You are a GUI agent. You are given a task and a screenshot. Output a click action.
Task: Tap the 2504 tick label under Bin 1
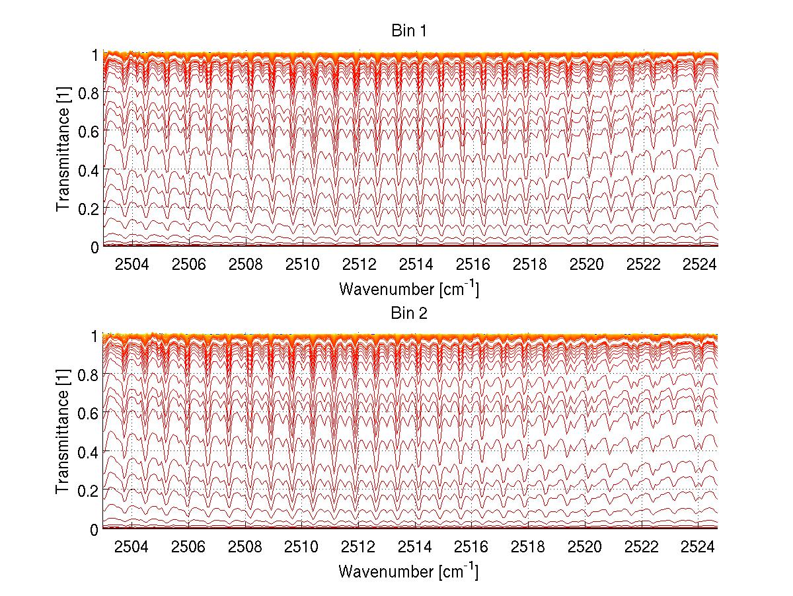[x=132, y=265]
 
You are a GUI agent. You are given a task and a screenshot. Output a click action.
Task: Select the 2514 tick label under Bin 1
[x=416, y=265]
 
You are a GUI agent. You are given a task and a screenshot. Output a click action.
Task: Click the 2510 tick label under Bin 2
[x=303, y=547]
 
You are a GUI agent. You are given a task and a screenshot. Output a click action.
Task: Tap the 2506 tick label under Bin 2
[x=189, y=547]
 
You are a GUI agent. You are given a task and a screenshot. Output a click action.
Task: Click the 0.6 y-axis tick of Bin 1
[x=89, y=132]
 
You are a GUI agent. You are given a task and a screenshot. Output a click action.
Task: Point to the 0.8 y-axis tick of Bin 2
[x=89, y=374]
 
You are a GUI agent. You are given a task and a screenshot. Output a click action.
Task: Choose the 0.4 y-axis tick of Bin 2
[x=89, y=452]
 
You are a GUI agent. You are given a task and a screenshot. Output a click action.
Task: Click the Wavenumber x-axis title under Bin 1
[x=408, y=288]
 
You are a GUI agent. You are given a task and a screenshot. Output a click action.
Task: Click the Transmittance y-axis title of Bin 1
[x=63, y=151]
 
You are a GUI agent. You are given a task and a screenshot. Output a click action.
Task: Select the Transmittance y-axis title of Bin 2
[x=63, y=433]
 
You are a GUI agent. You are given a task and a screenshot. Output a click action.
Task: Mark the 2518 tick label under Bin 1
[x=530, y=265]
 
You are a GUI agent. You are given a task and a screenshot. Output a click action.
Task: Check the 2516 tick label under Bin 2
[x=473, y=547]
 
